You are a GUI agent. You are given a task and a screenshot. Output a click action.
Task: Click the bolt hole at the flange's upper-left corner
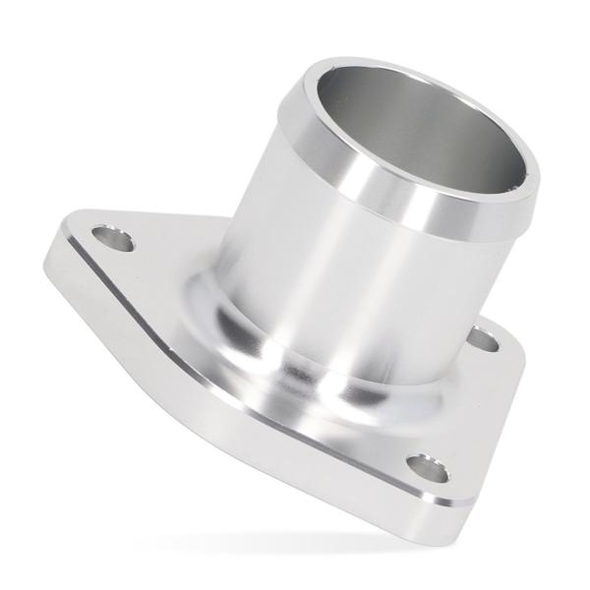click(114, 238)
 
